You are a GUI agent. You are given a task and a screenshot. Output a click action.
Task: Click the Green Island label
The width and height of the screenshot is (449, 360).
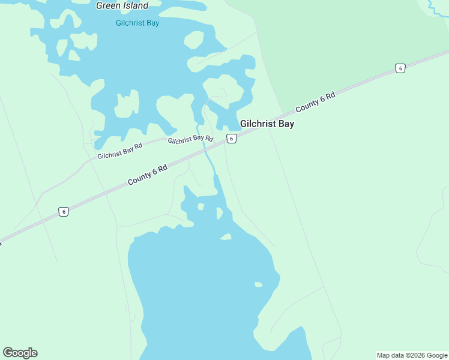(x=122, y=6)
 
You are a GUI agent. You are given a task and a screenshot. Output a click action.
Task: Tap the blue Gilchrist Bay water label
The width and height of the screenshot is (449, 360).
(x=137, y=23)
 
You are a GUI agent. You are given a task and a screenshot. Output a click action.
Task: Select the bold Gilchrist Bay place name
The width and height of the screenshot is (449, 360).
(x=267, y=124)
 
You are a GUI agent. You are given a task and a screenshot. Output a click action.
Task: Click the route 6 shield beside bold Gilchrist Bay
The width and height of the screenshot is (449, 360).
(x=231, y=139)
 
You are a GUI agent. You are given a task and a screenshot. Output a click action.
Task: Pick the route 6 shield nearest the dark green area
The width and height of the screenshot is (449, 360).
(x=400, y=68)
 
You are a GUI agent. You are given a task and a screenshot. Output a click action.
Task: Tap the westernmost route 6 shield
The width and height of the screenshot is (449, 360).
(x=64, y=211)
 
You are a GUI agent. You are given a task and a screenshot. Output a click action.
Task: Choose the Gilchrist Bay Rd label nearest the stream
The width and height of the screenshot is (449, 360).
(x=190, y=139)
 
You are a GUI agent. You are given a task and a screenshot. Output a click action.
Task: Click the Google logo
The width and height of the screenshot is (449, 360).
(x=20, y=353)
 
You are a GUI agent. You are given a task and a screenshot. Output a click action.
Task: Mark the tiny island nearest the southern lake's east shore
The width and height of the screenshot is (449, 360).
(x=258, y=284)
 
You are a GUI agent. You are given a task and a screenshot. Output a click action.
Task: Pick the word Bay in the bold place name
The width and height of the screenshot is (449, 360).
(x=285, y=124)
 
